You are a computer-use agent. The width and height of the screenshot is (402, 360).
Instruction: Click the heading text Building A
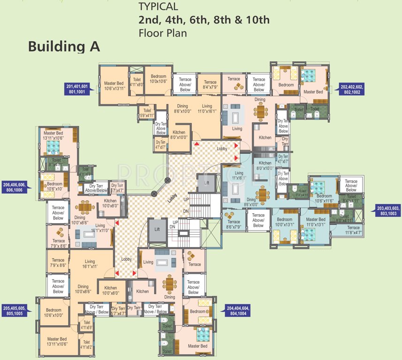click(x=64, y=47)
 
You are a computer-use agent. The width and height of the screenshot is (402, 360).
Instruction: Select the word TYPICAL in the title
click(x=158, y=7)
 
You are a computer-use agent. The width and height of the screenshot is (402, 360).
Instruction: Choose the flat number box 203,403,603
click(x=388, y=210)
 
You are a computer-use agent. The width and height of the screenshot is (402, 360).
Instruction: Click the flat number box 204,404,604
click(x=238, y=310)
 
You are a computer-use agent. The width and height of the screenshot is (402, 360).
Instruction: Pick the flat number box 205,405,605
click(x=15, y=311)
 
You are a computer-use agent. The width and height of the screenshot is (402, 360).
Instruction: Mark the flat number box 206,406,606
click(x=15, y=186)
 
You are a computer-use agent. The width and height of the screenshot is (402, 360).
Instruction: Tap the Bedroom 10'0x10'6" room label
click(x=158, y=79)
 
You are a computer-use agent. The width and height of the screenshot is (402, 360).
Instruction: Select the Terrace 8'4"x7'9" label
click(x=210, y=85)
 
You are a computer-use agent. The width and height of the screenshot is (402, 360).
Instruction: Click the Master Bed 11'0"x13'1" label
click(x=315, y=222)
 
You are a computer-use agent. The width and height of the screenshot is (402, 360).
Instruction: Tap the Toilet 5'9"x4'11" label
click(x=146, y=112)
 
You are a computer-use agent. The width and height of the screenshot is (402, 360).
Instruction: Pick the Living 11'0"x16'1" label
click(x=207, y=109)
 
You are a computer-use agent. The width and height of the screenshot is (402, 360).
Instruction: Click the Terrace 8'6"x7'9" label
click(x=233, y=225)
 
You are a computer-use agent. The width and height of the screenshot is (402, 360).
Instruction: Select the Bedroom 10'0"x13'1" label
click(x=284, y=222)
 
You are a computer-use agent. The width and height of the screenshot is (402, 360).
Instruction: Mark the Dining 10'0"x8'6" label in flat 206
click(x=80, y=220)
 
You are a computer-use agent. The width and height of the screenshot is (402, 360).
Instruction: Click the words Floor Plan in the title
click(x=163, y=33)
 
